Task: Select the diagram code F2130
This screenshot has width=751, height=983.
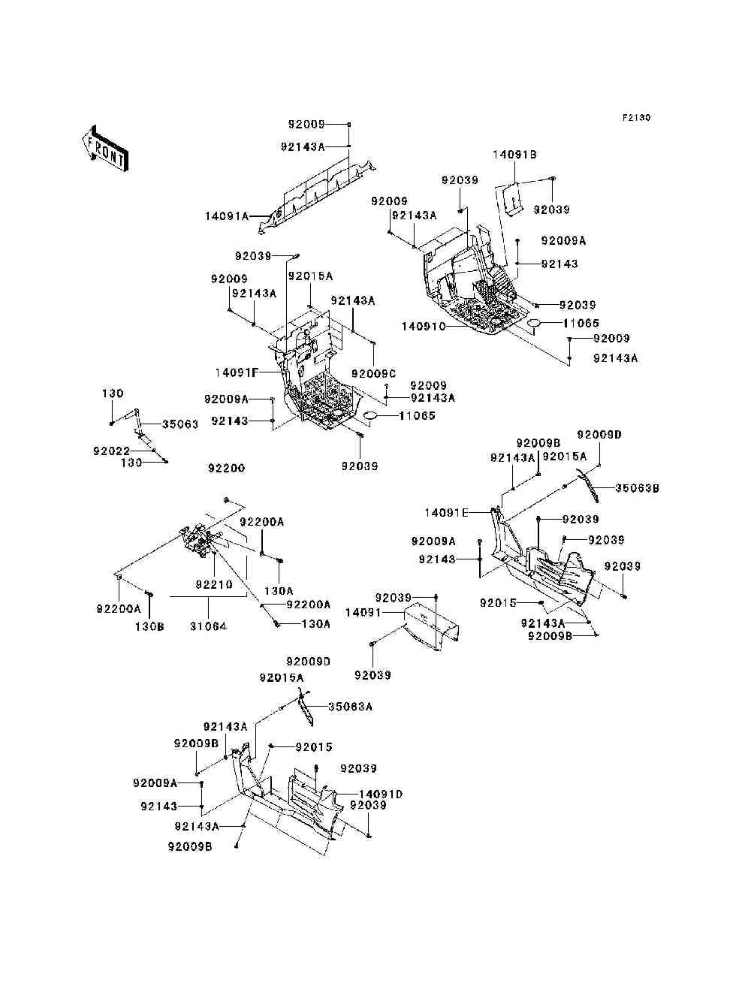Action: [x=635, y=118]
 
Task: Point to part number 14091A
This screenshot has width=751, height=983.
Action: [x=226, y=216]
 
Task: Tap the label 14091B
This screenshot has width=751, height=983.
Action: [x=514, y=155]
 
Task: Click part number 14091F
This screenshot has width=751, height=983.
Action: [x=237, y=372]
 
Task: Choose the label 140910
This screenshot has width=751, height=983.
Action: [x=424, y=327]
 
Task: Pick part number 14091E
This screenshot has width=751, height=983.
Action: [x=446, y=513]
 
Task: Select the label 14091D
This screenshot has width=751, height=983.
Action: [x=381, y=794]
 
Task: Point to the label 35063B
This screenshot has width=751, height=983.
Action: [x=637, y=488]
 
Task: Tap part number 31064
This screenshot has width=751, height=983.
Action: [x=208, y=626]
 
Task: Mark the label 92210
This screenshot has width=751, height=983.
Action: [x=214, y=584]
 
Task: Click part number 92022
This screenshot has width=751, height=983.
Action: [x=112, y=451]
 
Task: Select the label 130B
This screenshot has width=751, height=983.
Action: [x=149, y=626]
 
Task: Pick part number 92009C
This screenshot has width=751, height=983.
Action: [x=373, y=374]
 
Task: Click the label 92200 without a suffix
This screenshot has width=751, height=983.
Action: [x=227, y=469]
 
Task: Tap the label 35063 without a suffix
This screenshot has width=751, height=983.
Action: [x=180, y=424]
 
